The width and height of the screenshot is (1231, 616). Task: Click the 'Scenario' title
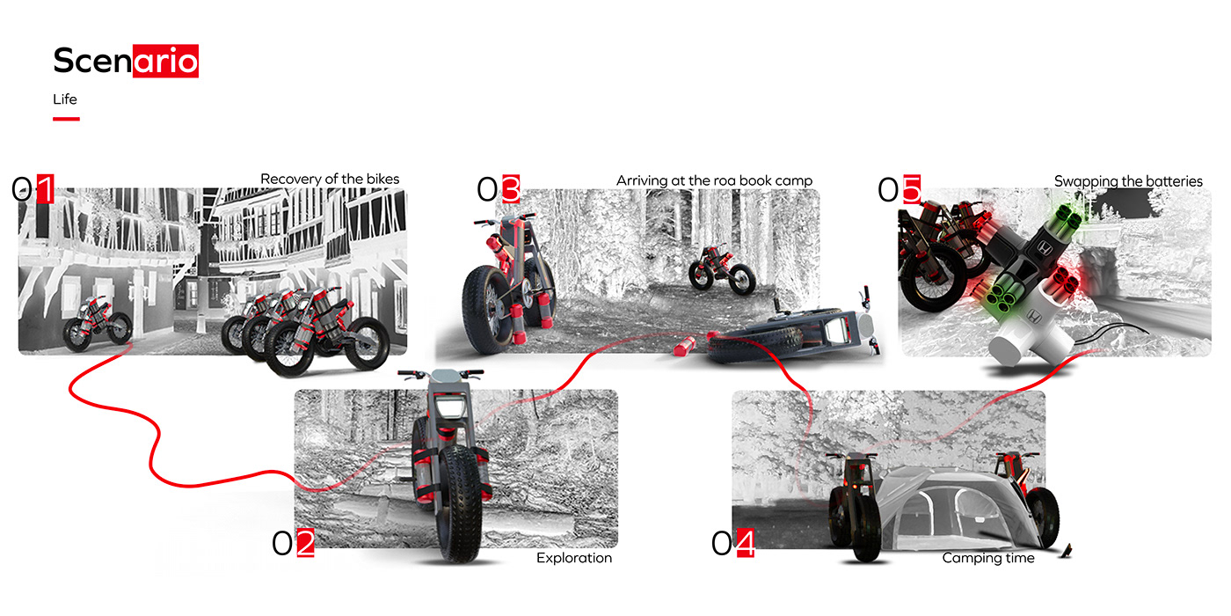[x=126, y=61]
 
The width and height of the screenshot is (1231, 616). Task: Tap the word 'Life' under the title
[x=65, y=99]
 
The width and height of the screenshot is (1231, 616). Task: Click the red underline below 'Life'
[x=66, y=118]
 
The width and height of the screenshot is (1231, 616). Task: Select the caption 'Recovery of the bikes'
[x=330, y=179]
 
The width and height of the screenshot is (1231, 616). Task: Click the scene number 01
[x=33, y=189]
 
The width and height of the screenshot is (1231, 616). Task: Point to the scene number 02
[x=293, y=544]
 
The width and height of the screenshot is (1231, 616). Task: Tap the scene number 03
[x=499, y=189]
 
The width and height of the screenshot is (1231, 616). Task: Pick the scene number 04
[x=732, y=544]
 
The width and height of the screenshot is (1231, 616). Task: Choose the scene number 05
[x=900, y=189]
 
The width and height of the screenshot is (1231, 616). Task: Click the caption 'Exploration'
[x=574, y=558]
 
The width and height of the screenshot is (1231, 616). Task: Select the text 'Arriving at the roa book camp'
[x=714, y=180]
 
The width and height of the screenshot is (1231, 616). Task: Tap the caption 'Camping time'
[x=988, y=558]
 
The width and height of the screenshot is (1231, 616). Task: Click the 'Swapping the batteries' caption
[x=1128, y=181]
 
